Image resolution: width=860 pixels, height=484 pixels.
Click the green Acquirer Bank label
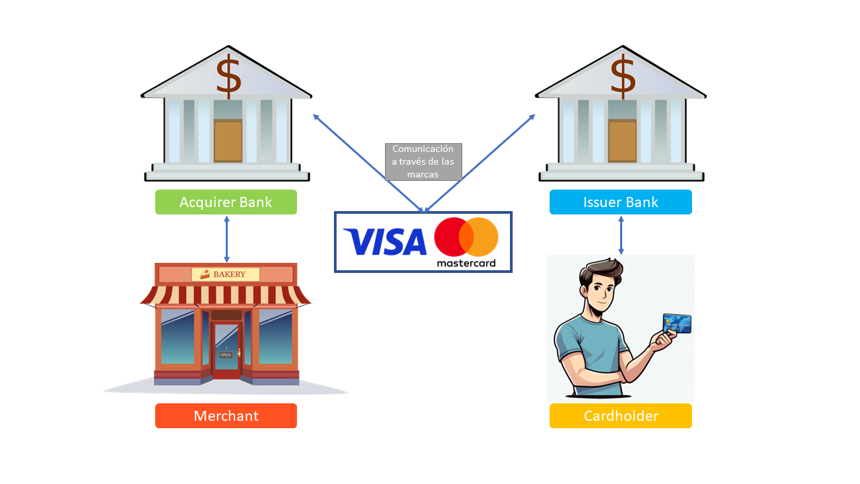tap(226, 202)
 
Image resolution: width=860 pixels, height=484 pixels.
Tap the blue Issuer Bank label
tap(620, 202)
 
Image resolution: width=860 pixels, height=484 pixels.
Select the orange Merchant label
tap(226, 415)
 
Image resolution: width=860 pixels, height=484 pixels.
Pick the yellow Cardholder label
tap(620, 415)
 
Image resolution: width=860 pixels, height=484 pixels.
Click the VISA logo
tap(385, 242)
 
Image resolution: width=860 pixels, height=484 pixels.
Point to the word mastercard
tap(466, 263)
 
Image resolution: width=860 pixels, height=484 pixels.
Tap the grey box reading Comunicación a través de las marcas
tap(423, 162)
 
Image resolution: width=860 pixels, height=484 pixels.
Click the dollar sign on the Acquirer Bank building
tap(229, 76)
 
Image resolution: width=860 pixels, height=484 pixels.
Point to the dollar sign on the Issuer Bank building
tap(623, 76)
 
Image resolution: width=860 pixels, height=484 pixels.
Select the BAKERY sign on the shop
tap(226, 274)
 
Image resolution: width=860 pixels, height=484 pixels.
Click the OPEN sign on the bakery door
tap(226, 355)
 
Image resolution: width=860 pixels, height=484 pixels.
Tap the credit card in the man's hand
tap(677, 323)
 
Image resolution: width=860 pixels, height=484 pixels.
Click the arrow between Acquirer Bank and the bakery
tap(226, 239)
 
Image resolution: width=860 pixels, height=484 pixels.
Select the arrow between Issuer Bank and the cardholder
tap(621, 235)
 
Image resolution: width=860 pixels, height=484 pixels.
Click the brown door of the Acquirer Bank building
tap(228, 140)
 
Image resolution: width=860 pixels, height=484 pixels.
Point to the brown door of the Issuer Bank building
tap(622, 140)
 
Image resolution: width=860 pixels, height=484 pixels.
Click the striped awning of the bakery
tap(225, 296)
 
